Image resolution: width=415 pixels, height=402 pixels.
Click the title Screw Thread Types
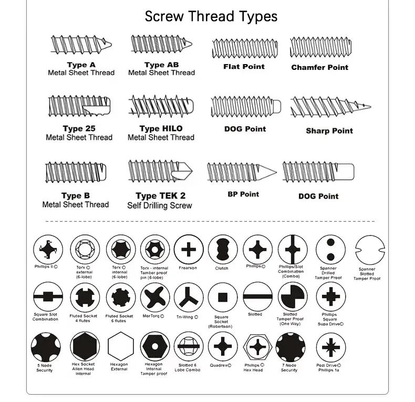(x=211, y=16)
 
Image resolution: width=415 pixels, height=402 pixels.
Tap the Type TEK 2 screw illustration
(x=160, y=172)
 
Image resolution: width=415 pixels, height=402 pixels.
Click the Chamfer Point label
(x=319, y=67)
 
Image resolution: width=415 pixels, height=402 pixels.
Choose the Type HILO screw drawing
(x=161, y=107)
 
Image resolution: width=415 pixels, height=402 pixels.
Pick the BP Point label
(x=243, y=194)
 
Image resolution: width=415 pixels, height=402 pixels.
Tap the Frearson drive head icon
(x=188, y=250)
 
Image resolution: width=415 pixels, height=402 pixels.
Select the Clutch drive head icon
(x=222, y=250)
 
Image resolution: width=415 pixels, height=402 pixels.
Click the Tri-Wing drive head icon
(x=188, y=297)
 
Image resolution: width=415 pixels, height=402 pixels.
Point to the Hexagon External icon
(x=119, y=347)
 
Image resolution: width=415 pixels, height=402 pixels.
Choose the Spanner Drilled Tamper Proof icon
(x=329, y=250)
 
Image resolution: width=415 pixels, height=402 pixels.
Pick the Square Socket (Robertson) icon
(x=222, y=297)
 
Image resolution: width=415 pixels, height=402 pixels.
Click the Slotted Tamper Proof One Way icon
(x=290, y=297)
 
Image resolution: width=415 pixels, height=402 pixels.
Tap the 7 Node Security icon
(x=290, y=347)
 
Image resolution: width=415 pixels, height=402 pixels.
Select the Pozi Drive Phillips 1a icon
(x=330, y=347)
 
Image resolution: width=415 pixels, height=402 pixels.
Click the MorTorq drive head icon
(x=154, y=297)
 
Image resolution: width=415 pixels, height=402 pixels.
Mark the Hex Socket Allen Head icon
(x=84, y=347)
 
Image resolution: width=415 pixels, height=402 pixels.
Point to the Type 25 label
(x=79, y=128)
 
